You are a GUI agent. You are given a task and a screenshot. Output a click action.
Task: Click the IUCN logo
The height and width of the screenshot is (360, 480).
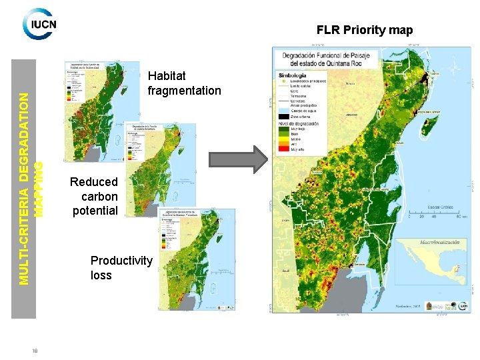click(x=39, y=24)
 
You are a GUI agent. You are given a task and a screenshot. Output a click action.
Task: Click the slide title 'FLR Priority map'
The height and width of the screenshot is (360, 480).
click(x=364, y=30)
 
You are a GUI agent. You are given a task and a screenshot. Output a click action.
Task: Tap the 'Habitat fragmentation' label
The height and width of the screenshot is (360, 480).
click(x=184, y=83)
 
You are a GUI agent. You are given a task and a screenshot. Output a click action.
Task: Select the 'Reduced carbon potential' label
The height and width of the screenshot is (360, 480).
click(x=93, y=197)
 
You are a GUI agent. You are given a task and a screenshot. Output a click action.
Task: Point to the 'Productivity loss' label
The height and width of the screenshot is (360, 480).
click(x=121, y=267)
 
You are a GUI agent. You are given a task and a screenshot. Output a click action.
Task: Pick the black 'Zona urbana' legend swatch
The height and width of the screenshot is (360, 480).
click(x=285, y=116)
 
